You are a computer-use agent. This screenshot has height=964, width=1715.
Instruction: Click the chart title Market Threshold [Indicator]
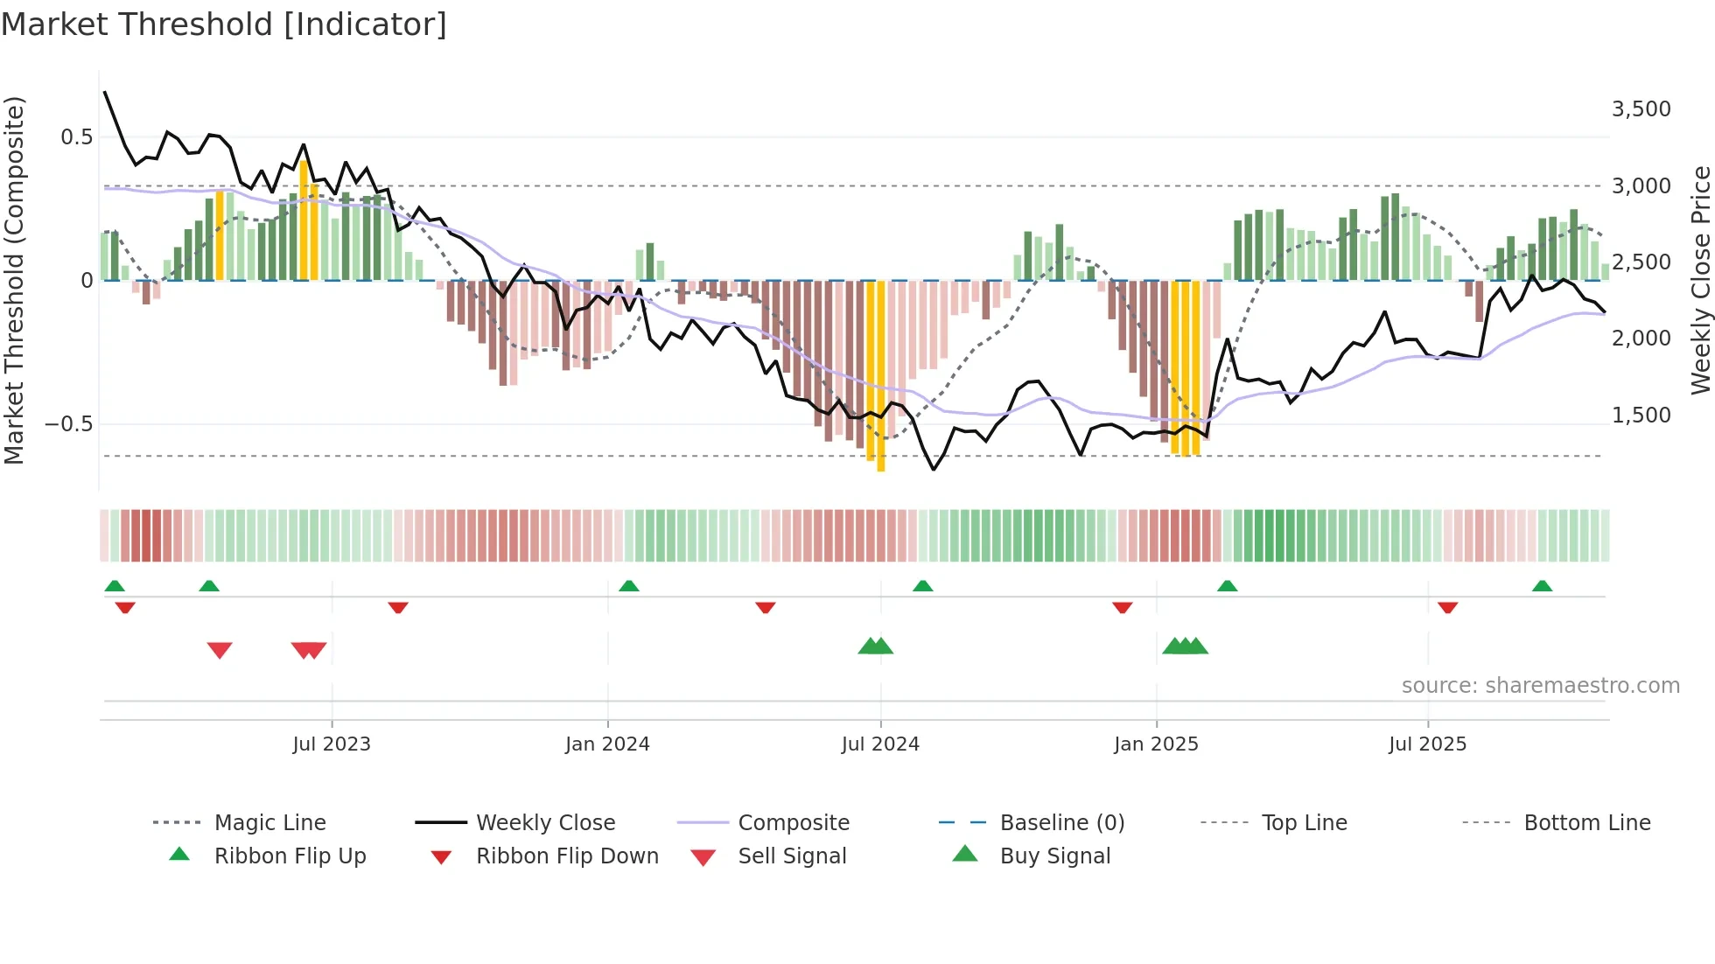pyautogui.click(x=224, y=24)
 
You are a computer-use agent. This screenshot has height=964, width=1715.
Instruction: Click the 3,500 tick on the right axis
pyautogui.click(x=1641, y=109)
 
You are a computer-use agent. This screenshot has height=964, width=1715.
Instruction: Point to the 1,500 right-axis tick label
pyautogui.click(x=1641, y=416)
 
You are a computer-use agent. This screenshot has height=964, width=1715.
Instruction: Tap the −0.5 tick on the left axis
pyautogui.click(x=68, y=424)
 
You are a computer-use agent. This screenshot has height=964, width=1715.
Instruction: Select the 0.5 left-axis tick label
pyautogui.click(x=76, y=137)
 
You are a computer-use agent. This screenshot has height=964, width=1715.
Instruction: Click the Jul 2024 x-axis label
pyautogui.click(x=880, y=744)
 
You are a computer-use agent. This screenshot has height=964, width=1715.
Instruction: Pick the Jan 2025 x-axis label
pyautogui.click(x=1156, y=744)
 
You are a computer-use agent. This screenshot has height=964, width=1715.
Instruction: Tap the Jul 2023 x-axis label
pyautogui.click(x=332, y=744)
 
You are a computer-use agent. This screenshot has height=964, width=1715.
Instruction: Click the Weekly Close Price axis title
pyautogui.click(x=1700, y=280)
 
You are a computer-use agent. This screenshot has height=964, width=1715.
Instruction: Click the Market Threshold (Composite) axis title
pyautogui.click(x=14, y=280)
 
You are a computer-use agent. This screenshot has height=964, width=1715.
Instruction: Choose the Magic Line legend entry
pyautogui.click(x=269, y=823)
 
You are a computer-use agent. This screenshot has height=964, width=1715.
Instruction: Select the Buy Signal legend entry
pyautogui.click(x=1054, y=856)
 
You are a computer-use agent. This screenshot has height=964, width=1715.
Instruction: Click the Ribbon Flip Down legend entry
pyautogui.click(x=567, y=856)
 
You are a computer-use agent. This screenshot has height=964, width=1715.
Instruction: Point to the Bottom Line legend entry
pyautogui.click(x=1586, y=823)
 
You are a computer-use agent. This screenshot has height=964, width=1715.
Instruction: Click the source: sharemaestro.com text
pyautogui.click(x=1540, y=686)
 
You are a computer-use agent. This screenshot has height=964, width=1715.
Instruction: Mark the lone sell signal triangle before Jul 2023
pyautogui.click(x=220, y=650)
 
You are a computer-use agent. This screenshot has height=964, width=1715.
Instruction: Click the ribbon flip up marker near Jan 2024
pyautogui.click(x=629, y=586)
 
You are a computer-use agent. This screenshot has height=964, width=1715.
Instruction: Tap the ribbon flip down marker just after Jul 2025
pyautogui.click(x=1447, y=607)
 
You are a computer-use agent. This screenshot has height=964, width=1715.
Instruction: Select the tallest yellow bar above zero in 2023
pyautogui.click(x=304, y=219)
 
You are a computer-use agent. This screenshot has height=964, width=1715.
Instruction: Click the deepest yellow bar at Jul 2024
pyautogui.click(x=880, y=376)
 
